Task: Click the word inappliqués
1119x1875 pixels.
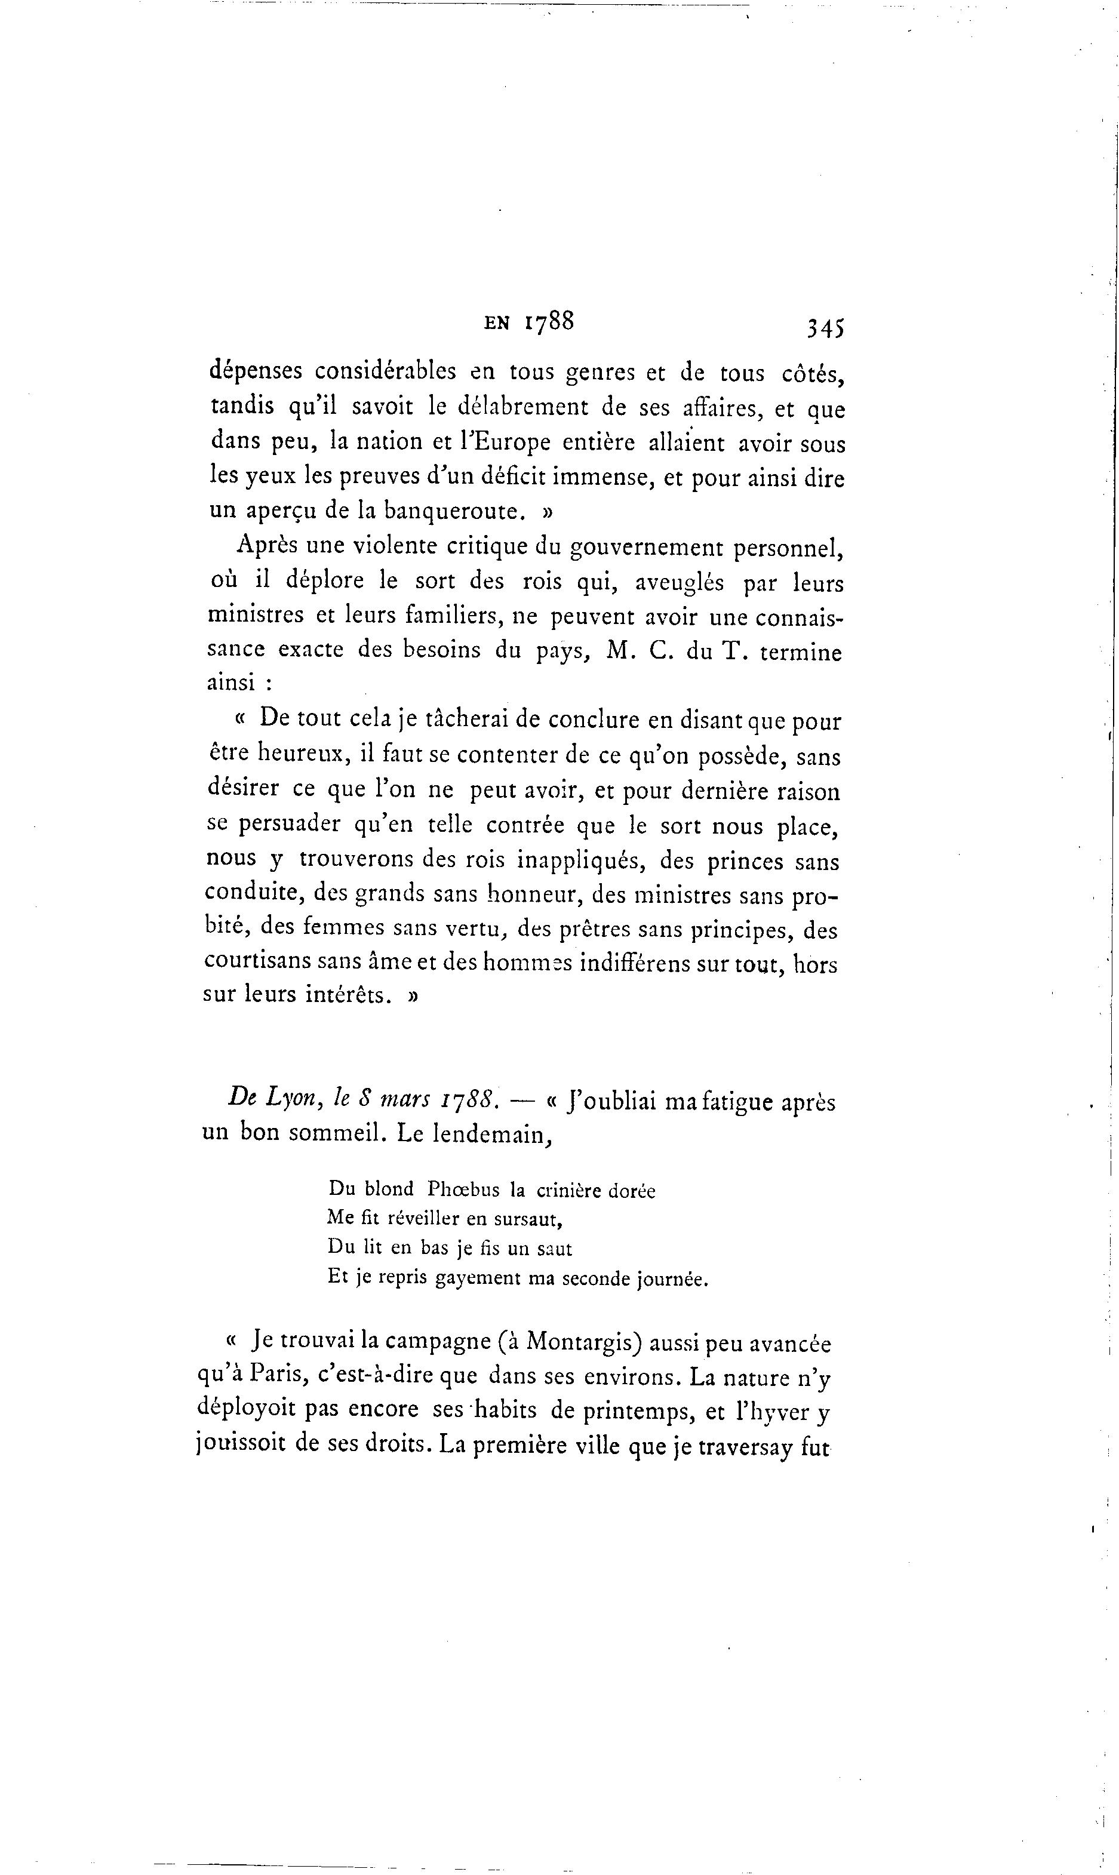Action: point(580,861)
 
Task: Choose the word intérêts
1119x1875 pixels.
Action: point(348,995)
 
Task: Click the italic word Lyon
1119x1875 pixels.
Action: point(293,1102)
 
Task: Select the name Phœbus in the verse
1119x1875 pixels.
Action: point(463,1189)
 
